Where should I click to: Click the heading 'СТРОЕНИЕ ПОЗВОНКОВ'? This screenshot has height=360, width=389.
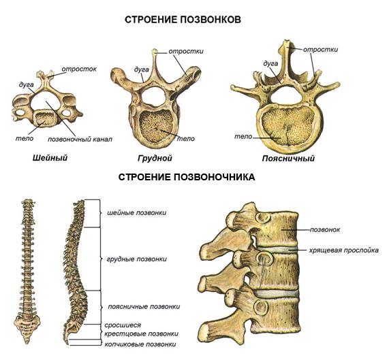(183, 20)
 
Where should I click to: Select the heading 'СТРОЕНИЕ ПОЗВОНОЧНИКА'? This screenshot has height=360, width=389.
(187, 177)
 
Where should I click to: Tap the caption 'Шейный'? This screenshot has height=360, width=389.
(50, 158)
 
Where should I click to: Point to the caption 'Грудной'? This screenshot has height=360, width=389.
(155, 158)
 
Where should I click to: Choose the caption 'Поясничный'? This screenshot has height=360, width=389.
(288, 159)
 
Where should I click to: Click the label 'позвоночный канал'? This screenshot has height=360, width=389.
(80, 140)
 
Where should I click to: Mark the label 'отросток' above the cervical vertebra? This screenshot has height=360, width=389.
(79, 69)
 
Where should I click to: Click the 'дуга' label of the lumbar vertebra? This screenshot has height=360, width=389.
(270, 64)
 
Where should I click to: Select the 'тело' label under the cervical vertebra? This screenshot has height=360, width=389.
(25, 138)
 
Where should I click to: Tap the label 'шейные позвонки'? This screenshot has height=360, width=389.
(137, 213)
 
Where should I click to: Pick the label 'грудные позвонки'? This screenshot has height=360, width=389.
(137, 259)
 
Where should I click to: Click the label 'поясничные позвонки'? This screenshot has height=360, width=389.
(144, 306)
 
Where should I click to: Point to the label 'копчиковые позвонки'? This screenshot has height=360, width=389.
(140, 344)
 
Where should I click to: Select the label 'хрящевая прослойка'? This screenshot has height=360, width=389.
(344, 250)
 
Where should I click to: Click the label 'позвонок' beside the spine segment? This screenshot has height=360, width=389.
(325, 230)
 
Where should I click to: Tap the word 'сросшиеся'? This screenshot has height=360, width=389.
(123, 325)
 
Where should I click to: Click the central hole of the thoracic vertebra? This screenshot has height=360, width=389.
(153, 97)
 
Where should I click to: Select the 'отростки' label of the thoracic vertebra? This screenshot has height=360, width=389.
(186, 51)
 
